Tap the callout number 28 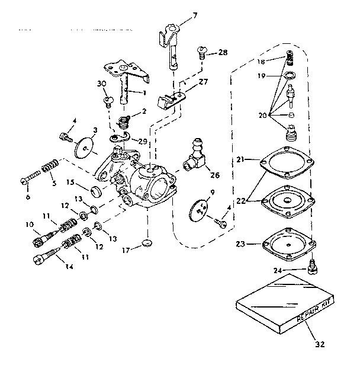[223, 53]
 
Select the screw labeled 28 [202, 53]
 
